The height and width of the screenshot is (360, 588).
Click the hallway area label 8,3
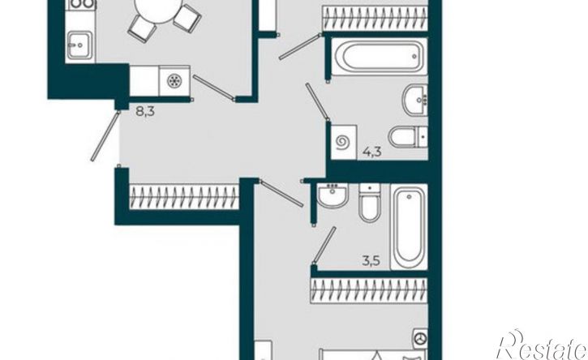click(x=145, y=111)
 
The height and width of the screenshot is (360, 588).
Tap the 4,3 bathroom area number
click(x=372, y=152)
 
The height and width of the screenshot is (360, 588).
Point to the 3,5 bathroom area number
click(x=371, y=260)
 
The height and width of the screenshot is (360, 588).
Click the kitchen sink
click(x=79, y=45)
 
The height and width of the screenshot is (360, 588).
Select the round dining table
click(x=158, y=10)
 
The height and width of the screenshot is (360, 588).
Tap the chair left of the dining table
click(x=142, y=30)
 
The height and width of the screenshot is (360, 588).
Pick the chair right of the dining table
click(x=187, y=17)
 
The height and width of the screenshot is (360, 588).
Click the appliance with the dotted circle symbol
click(x=174, y=81)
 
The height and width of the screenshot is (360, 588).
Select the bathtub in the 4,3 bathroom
click(x=379, y=57)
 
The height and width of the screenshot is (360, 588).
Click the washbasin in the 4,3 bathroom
click(x=415, y=100)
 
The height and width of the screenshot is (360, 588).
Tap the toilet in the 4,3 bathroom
click(x=408, y=137)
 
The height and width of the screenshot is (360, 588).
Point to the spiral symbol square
click(x=344, y=143)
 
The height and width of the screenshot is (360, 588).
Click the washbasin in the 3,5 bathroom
click(x=333, y=195)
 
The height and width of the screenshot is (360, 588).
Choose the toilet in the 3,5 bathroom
click(x=370, y=203)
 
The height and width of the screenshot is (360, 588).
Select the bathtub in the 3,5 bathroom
click(x=409, y=226)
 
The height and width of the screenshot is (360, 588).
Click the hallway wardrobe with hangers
click(x=184, y=196)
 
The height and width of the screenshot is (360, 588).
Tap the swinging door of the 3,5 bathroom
click(x=324, y=245)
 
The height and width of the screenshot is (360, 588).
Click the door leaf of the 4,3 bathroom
click(x=318, y=102)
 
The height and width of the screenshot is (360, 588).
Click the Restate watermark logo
click(x=542, y=345)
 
